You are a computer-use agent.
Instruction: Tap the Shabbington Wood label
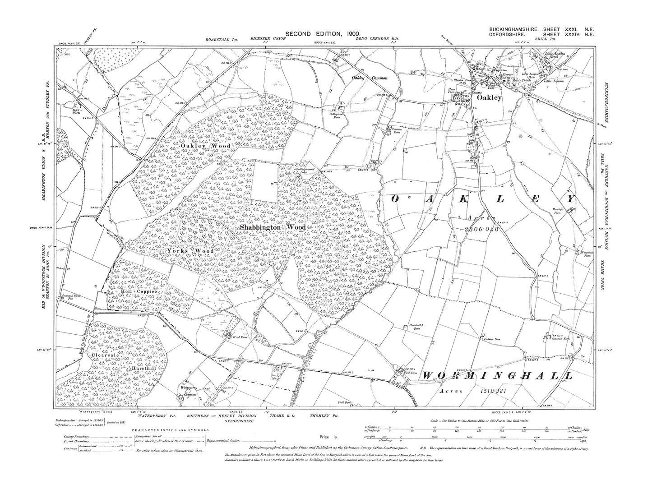[273, 228]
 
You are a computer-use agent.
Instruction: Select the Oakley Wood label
[205, 146]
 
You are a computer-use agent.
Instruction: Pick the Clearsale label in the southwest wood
[105, 355]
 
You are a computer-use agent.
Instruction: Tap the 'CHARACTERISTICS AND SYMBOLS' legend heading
[170, 430]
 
